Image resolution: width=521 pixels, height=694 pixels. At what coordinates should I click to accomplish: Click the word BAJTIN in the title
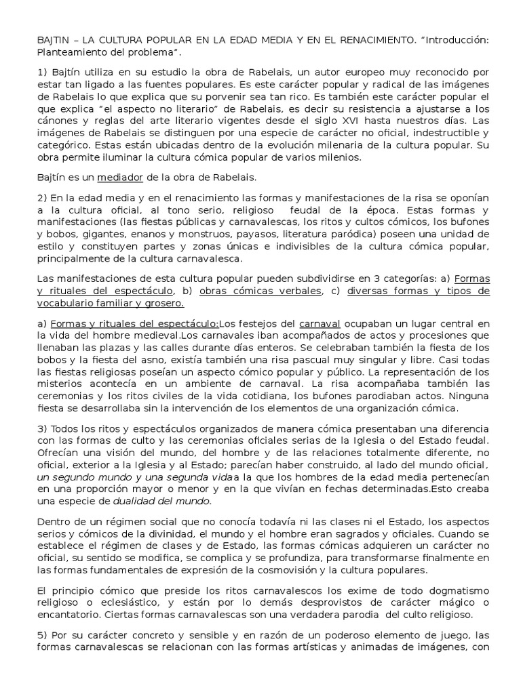[x=53, y=41]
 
